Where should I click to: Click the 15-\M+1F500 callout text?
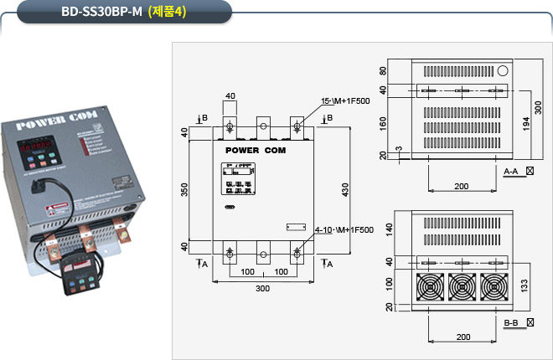tap(346, 101)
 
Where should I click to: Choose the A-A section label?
tap(512, 171)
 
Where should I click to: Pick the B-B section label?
tap(512, 322)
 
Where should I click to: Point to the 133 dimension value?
tap(525, 285)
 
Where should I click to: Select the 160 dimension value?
tap(384, 124)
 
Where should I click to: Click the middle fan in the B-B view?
tap(461, 287)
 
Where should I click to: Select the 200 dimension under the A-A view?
tap(461, 185)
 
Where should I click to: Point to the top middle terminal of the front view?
tap(263, 126)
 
